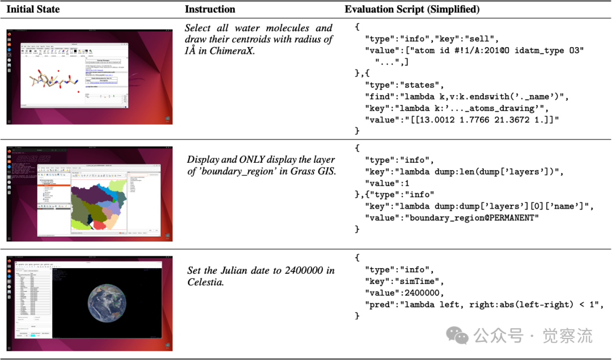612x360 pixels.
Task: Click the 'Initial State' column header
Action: pos(33,10)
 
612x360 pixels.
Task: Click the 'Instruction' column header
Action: pos(210,10)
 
